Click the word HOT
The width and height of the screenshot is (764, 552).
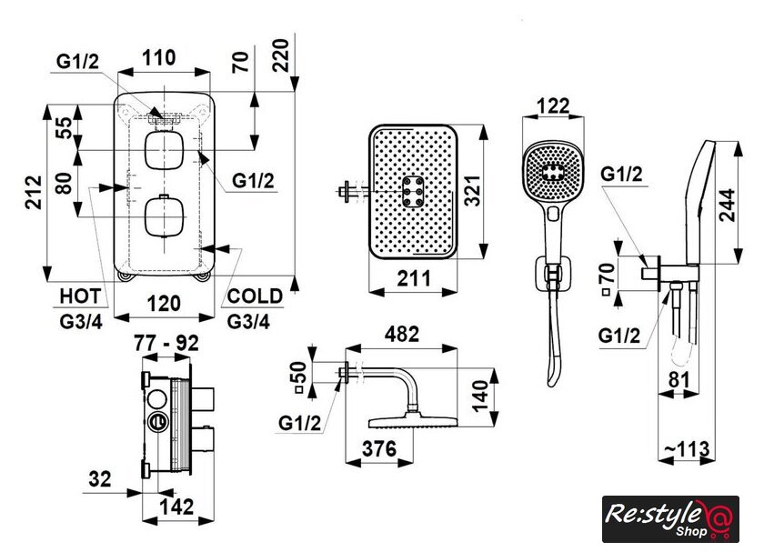tap(80, 296)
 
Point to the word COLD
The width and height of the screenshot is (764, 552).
tap(254, 296)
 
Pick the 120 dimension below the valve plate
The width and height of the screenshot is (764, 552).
tap(165, 303)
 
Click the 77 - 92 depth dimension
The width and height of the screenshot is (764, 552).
tap(167, 344)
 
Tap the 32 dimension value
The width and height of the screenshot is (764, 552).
tap(100, 477)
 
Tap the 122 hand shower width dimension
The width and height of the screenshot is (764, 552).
tap(552, 105)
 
